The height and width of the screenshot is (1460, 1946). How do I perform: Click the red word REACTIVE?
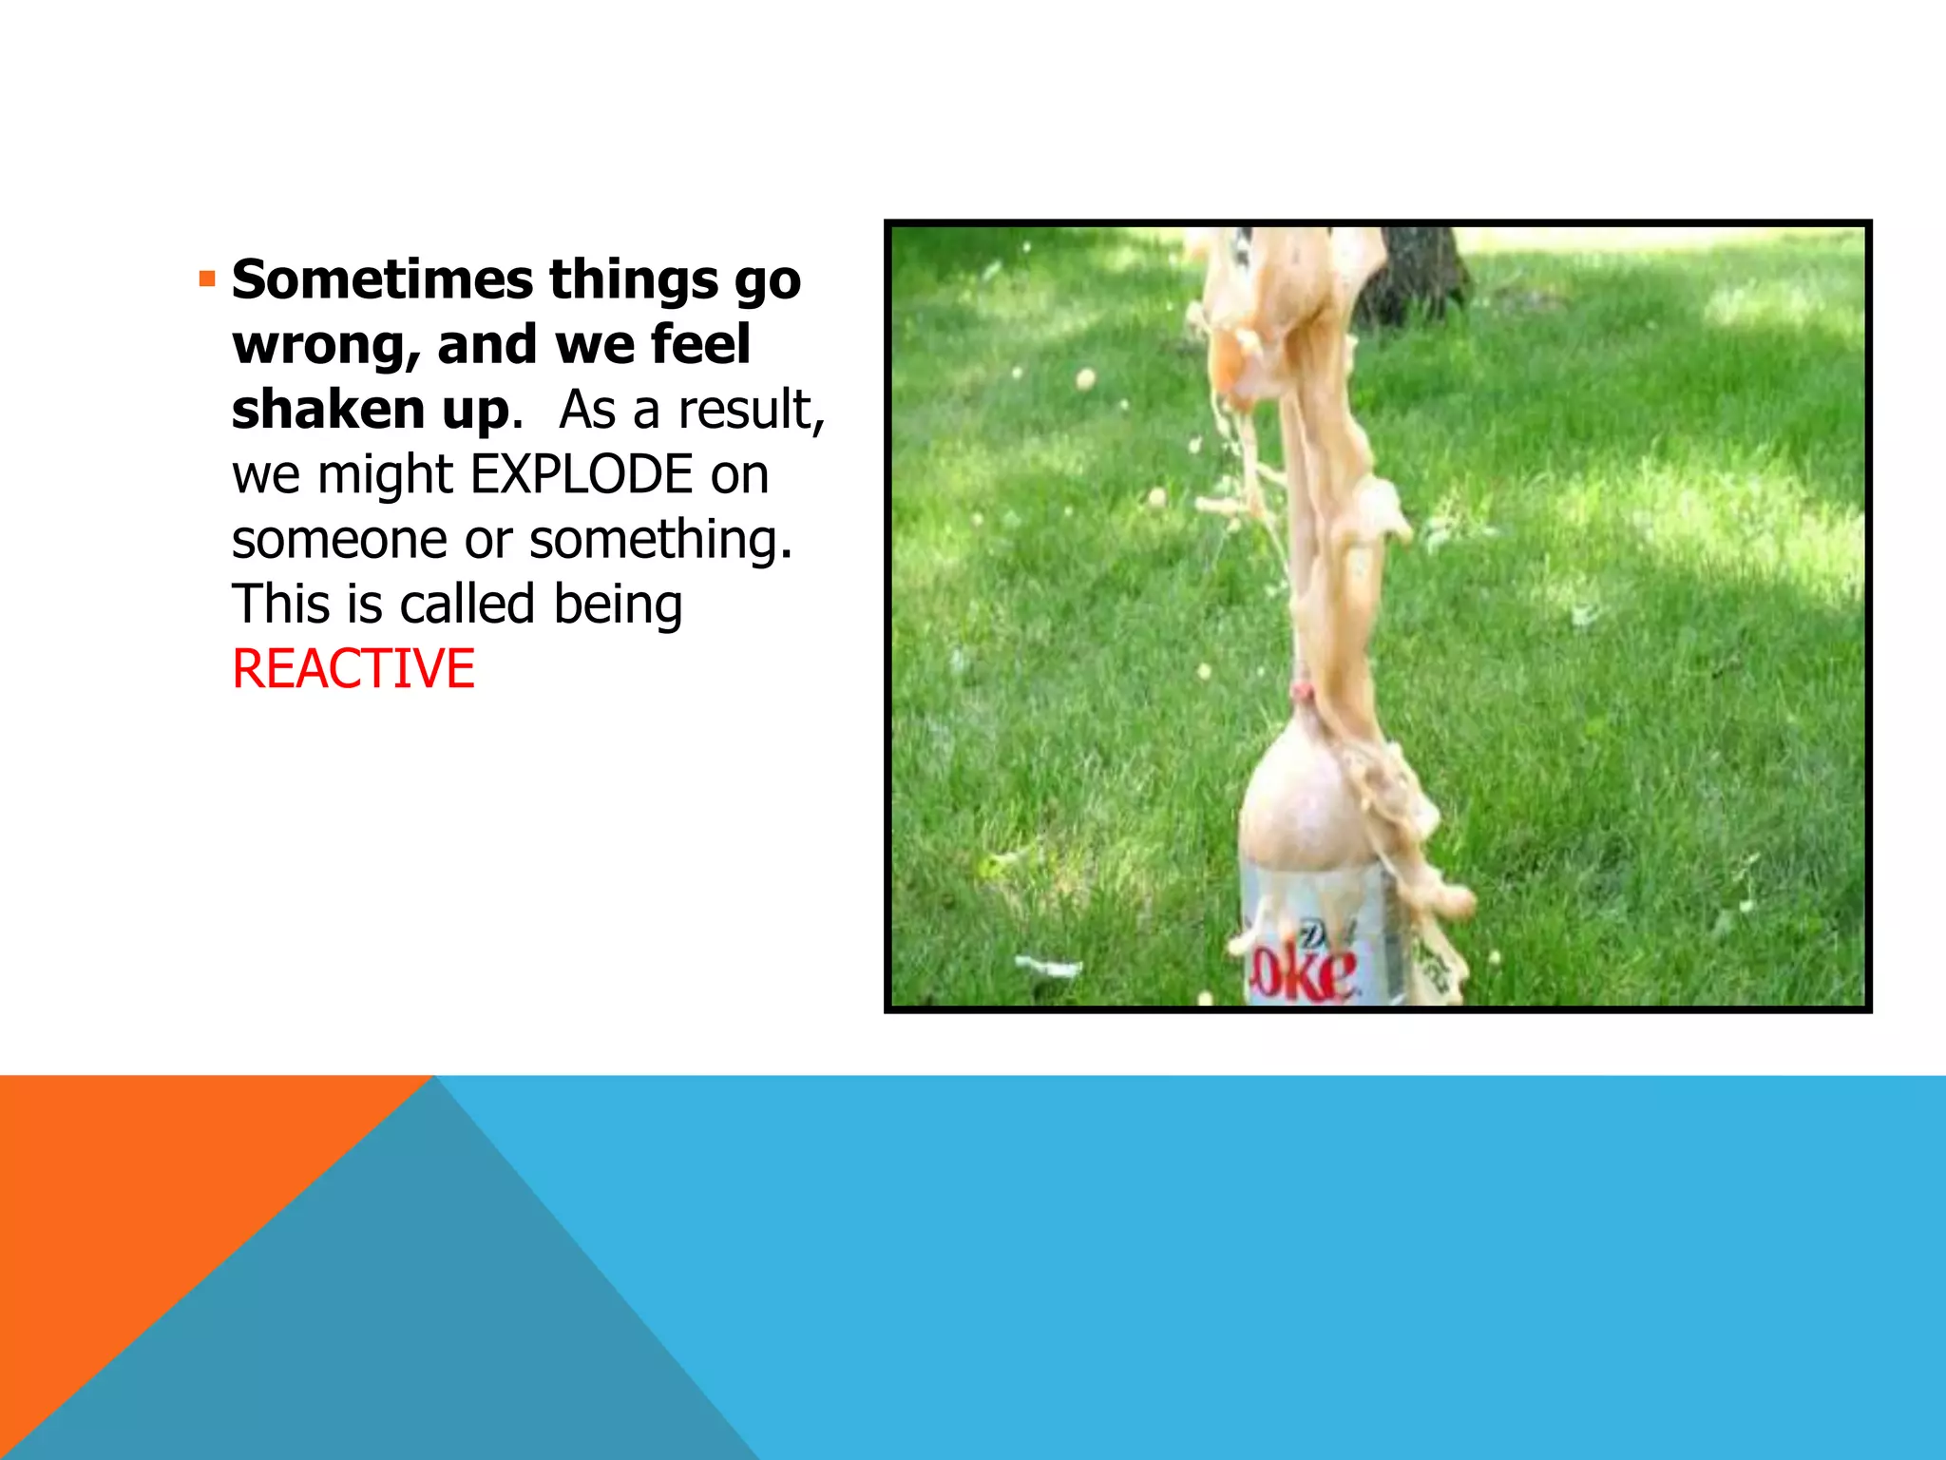(353, 669)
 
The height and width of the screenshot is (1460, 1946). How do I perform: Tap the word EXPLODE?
(582, 474)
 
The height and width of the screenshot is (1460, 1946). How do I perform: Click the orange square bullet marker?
(207, 279)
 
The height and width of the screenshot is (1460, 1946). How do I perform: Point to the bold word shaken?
(328, 410)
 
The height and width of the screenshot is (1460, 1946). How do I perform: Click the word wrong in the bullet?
(324, 345)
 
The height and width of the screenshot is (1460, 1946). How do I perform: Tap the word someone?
(339, 540)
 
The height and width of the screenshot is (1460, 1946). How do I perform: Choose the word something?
(659, 540)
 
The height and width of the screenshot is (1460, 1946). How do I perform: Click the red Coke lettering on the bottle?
(1303, 974)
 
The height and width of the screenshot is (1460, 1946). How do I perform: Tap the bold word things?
(633, 280)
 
